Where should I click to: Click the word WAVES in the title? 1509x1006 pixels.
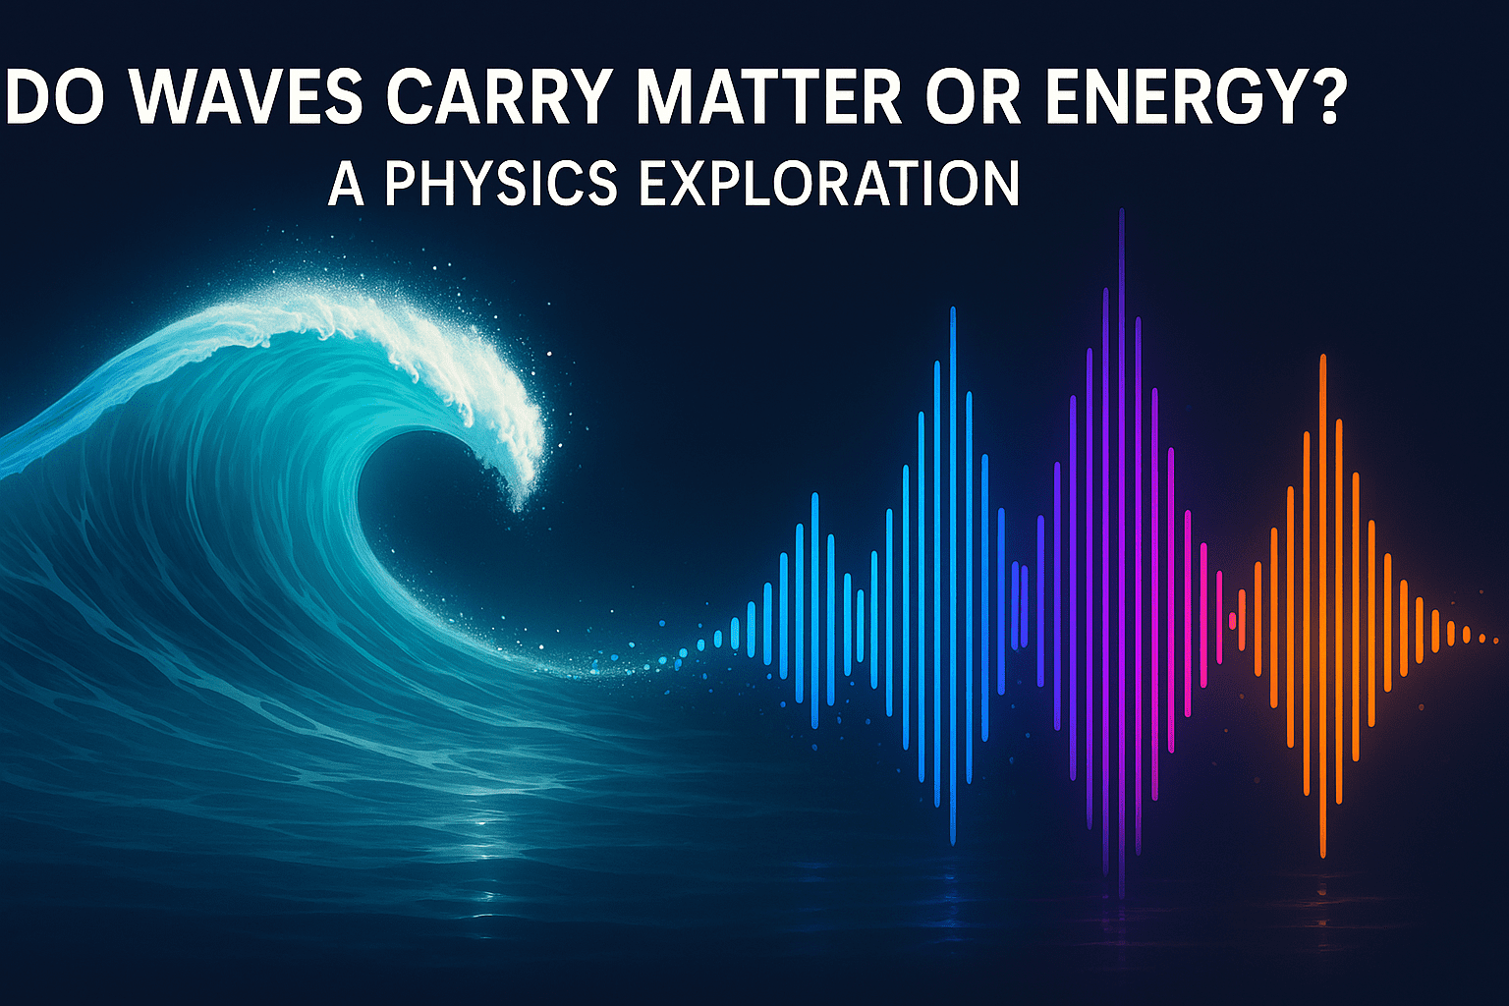pyautogui.click(x=247, y=96)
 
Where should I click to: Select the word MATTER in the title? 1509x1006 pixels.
pyautogui.click(x=768, y=96)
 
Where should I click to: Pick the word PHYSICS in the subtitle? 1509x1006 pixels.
pyautogui.click(x=500, y=184)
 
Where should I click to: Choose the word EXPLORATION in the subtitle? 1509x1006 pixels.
pyautogui.click(x=829, y=184)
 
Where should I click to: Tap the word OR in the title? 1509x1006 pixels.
pyautogui.click(x=974, y=96)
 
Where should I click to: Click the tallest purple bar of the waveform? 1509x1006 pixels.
pyautogui.click(x=1122, y=552)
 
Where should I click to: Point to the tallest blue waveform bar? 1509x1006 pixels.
pyautogui.click(x=953, y=576)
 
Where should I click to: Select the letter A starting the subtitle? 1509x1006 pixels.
pyautogui.click(x=346, y=184)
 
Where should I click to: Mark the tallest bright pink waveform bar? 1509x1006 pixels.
pyautogui.click(x=1203, y=615)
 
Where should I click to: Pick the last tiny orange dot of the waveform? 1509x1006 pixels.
pyautogui.click(x=1496, y=640)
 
